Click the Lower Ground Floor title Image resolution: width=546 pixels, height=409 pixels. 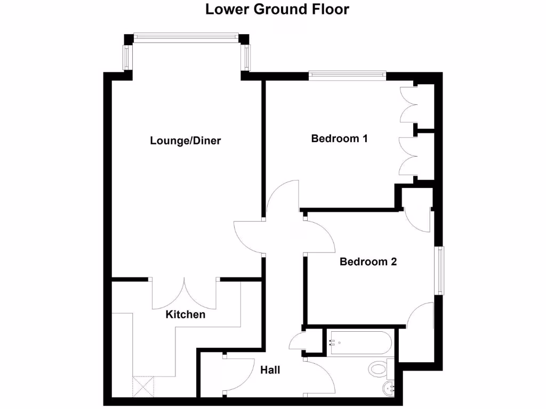tap(277, 10)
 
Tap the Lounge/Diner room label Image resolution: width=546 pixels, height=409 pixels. tap(186, 141)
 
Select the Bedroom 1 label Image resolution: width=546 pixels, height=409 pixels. tap(340, 139)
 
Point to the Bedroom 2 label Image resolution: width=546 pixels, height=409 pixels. tap(368, 262)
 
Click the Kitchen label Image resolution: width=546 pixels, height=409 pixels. tap(186, 315)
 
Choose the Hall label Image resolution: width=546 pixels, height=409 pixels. tap(270, 370)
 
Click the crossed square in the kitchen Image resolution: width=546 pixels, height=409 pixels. tap(143, 386)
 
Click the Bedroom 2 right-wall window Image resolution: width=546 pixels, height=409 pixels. tap(439, 271)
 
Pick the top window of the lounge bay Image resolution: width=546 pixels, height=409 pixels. tap(187, 37)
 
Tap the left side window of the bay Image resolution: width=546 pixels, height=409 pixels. tap(127, 58)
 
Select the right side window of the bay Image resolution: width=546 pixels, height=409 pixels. tap(246, 58)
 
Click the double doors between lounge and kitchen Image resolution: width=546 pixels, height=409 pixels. tap(184, 293)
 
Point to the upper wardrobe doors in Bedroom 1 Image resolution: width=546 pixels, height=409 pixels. tap(408, 104)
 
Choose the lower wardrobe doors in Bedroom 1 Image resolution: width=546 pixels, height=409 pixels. tap(408, 155)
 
